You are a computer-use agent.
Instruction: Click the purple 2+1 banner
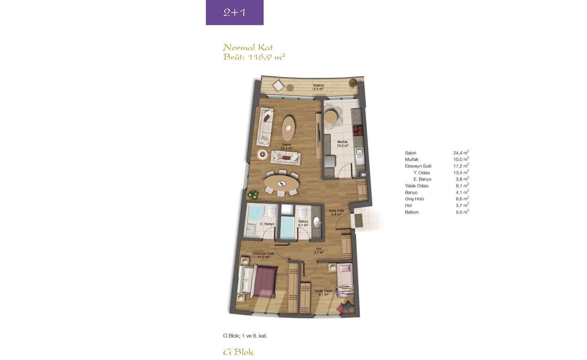click(x=235, y=12)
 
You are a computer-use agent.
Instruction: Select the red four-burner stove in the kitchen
click(x=358, y=131)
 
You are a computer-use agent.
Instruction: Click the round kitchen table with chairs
click(x=331, y=117)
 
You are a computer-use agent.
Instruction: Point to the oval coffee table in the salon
click(x=288, y=128)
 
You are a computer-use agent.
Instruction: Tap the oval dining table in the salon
click(x=282, y=183)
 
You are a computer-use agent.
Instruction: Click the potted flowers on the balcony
click(x=353, y=83)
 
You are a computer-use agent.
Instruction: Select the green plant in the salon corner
click(x=253, y=195)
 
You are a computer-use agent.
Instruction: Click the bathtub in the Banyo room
click(x=287, y=228)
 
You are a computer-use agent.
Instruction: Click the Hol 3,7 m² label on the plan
click(x=319, y=250)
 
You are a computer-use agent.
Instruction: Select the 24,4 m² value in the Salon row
click(x=461, y=153)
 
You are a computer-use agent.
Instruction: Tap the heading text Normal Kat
click(x=248, y=47)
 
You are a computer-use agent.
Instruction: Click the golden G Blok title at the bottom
click(x=238, y=352)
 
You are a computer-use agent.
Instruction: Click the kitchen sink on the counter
click(x=360, y=154)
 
